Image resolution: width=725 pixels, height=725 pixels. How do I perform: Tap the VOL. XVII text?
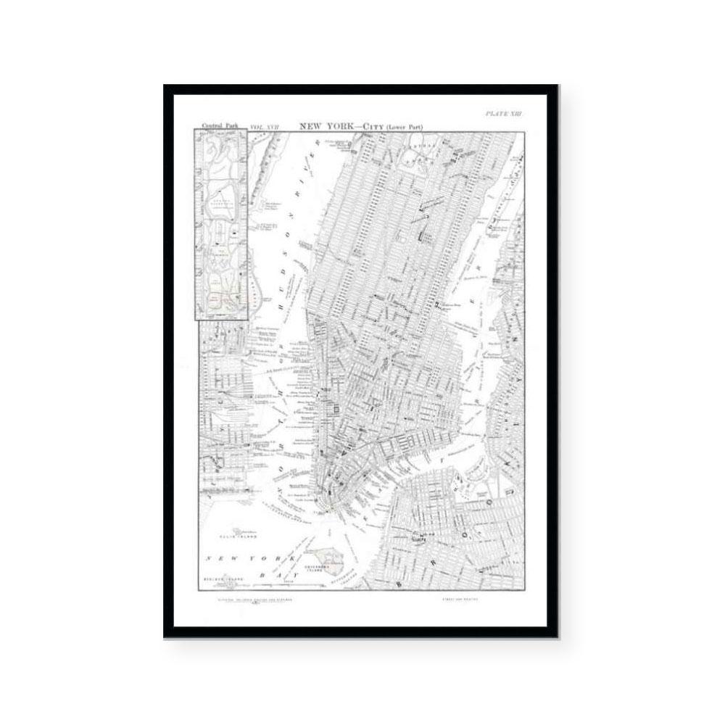(x=264, y=127)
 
